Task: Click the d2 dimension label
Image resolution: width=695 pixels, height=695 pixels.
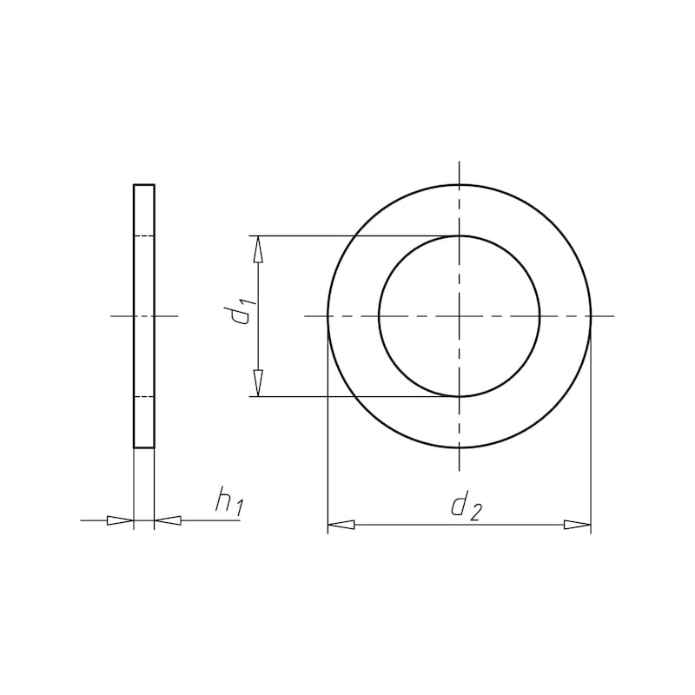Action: coord(465,506)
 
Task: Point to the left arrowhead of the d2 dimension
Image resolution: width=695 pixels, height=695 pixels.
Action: coord(341,525)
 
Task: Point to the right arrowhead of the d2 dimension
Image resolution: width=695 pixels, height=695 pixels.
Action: coord(577,525)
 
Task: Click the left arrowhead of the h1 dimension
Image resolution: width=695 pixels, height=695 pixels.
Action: coord(120,520)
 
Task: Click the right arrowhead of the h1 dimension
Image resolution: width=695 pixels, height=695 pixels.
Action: coord(168,520)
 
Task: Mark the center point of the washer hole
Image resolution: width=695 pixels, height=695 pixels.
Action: coord(460,316)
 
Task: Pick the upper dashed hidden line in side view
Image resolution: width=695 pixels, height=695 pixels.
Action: coord(143,236)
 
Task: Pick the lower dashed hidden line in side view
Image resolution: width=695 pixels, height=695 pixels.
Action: coord(143,397)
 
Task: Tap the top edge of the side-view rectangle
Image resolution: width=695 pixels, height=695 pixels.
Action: coord(143,185)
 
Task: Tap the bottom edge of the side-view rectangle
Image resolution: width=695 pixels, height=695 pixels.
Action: coord(143,447)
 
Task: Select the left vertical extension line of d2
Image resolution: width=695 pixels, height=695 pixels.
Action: coord(328,434)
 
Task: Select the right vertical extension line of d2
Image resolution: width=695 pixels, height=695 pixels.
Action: coord(591,434)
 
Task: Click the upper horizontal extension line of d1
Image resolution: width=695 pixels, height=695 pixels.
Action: coord(347,235)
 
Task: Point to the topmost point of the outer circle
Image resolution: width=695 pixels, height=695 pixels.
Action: coord(460,185)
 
